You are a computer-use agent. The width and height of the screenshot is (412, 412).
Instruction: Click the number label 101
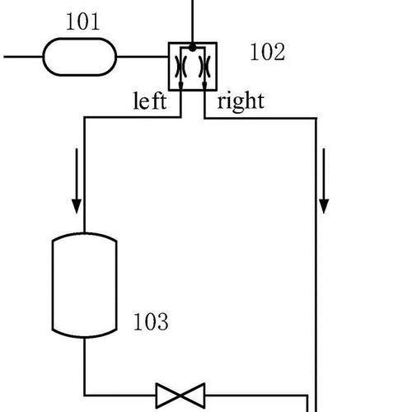[x=82, y=21]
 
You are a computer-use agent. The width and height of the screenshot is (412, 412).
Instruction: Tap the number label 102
[x=268, y=52]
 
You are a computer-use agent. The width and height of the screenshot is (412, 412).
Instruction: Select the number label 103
[x=151, y=321]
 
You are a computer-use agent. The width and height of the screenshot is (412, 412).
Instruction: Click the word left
[x=150, y=101]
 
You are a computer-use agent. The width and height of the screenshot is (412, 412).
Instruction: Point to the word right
[x=241, y=101]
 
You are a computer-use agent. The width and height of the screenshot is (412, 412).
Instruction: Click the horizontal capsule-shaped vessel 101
[x=80, y=57]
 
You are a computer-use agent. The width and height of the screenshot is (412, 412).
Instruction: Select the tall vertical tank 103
[x=85, y=285]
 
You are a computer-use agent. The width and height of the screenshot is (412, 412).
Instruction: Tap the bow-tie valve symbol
[x=180, y=396]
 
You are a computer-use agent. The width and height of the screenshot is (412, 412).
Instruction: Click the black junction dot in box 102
[x=193, y=48]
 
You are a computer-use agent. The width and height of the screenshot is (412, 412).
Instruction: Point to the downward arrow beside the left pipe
[x=77, y=180]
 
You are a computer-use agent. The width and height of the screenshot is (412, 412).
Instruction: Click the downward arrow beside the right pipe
[x=324, y=180]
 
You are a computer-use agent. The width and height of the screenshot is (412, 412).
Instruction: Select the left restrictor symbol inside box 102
[x=180, y=67]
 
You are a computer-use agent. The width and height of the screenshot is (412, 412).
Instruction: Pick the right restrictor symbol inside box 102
[x=204, y=67]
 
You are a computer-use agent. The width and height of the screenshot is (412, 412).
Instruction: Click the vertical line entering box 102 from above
[x=193, y=21]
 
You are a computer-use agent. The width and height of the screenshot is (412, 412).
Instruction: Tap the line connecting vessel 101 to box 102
[x=143, y=57]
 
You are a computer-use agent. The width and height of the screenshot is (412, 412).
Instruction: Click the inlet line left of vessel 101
[x=23, y=57]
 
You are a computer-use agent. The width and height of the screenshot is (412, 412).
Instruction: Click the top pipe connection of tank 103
[x=85, y=175]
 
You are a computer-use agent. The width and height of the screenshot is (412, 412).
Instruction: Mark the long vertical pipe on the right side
[x=316, y=265]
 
